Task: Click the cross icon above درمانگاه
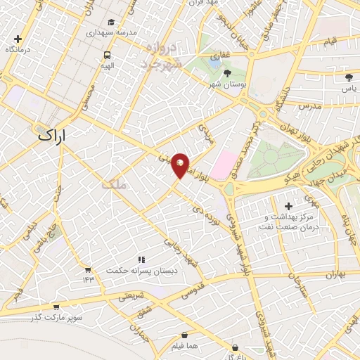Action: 18,39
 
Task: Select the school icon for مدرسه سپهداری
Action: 113,23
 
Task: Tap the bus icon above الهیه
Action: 107,55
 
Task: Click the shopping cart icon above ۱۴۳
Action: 88,269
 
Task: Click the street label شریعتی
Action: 131,296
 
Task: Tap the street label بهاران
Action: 335,274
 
